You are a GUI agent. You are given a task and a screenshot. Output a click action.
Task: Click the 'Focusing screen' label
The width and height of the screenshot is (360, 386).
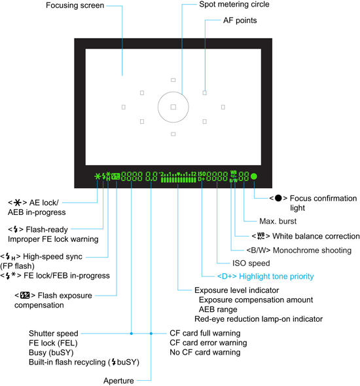coord(75,5)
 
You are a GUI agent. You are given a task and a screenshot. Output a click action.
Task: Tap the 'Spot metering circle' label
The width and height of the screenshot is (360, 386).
coord(234,4)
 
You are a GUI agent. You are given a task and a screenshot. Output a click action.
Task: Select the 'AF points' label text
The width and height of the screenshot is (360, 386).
coord(240,20)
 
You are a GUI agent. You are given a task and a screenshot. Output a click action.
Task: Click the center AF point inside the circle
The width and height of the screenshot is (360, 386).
coord(173,107)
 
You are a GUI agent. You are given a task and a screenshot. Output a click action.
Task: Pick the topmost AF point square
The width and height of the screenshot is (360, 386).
coord(173,80)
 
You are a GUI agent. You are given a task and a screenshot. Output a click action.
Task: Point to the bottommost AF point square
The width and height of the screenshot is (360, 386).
coord(173,134)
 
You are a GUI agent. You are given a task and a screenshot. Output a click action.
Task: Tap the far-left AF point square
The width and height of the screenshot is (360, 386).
coord(124,107)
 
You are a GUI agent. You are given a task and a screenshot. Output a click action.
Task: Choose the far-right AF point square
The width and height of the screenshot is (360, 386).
coord(223,107)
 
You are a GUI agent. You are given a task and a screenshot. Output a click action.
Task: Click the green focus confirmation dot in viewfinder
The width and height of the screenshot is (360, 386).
coord(254,176)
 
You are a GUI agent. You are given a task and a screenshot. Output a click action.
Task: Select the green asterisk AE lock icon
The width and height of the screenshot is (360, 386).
coord(98,176)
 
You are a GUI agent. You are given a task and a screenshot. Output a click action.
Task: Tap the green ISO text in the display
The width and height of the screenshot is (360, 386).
coord(202,174)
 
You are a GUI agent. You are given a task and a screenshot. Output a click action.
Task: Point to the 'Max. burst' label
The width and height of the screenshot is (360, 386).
coord(278,222)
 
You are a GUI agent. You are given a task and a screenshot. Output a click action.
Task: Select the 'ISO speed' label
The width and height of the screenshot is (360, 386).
coord(251,263)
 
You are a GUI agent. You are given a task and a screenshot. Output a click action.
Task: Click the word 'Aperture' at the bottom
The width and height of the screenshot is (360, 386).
coord(118,381)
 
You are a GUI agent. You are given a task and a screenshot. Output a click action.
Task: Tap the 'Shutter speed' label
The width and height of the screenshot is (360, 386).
coord(54,334)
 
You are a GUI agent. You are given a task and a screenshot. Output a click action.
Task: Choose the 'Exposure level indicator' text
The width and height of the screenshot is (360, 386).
coord(236,290)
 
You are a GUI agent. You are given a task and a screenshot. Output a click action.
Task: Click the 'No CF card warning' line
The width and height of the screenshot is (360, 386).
coord(205,353)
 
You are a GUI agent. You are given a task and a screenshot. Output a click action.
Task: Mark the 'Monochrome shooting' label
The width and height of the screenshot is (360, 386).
coord(312,250)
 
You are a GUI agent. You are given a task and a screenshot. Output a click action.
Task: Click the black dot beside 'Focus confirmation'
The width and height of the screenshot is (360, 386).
coord(278,198)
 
